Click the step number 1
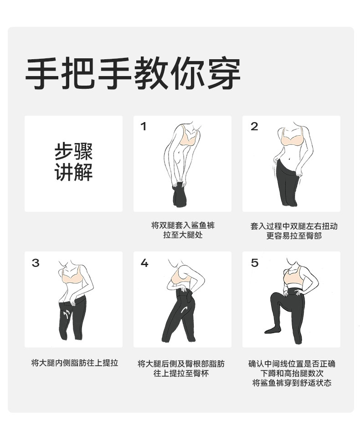point(143,127)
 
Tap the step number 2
point(254,127)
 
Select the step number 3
point(36,263)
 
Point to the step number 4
point(144,263)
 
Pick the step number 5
point(254,263)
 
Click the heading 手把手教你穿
point(133,73)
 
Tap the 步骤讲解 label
point(73,162)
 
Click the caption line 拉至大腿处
point(183,235)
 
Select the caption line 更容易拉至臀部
point(293,235)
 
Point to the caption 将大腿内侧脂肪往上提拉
point(75,363)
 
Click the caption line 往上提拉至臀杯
point(181,373)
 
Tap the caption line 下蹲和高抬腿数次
point(292,373)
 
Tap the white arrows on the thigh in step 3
point(66,314)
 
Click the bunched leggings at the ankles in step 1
point(180,195)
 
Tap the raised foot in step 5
point(272,330)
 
